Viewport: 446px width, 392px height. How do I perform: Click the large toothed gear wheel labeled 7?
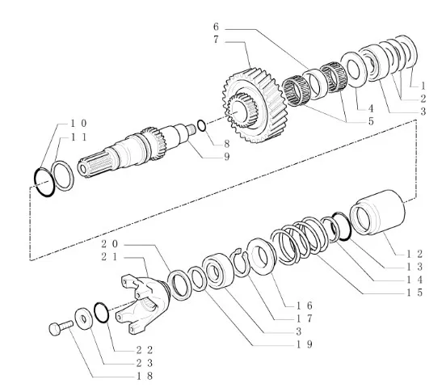point(250,105)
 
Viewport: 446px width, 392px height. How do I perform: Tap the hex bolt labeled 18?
point(61,327)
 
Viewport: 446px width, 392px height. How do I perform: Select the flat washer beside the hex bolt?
point(83,318)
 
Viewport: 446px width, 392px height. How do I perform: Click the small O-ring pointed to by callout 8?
point(202,125)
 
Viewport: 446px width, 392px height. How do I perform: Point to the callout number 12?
point(414,254)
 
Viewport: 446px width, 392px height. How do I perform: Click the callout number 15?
point(414,293)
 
